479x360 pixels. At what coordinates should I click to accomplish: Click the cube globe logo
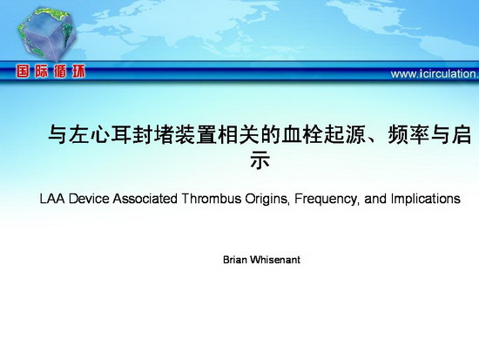pyautogui.click(x=46, y=34)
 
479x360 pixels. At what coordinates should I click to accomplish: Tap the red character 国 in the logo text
pyautogui.click(x=23, y=71)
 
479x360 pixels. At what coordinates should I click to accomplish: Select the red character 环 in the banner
pyautogui.click(x=78, y=71)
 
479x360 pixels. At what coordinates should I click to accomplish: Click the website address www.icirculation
pyautogui.click(x=435, y=74)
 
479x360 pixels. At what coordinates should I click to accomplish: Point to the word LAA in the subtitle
pyautogui.click(x=52, y=199)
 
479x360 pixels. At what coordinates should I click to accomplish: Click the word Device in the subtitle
pyautogui.click(x=89, y=199)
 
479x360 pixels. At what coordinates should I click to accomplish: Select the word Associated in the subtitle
pyautogui.click(x=145, y=199)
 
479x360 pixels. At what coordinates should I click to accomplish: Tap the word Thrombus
pyautogui.click(x=212, y=199)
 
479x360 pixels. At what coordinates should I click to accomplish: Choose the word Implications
pyautogui.click(x=426, y=200)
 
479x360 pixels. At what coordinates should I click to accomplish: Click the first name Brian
pyautogui.click(x=235, y=260)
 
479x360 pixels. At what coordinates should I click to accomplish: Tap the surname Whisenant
pyautogui.click(x=275, y=260)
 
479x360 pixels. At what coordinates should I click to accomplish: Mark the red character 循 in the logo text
pyautogui.click(x=60, y=71)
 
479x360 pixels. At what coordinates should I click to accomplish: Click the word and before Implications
pyautogui.click(x=375, y=199)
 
